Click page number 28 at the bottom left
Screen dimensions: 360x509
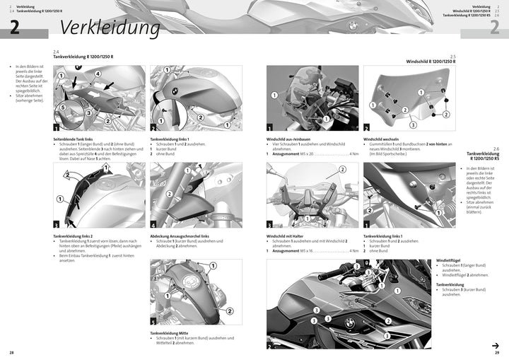[x=11, y=352]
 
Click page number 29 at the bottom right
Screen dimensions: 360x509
[x=498, y=352]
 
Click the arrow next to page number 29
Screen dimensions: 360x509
[x=496, y=344]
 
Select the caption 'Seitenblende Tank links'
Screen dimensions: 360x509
[x=78, y=139]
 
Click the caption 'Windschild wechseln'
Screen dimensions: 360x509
[x=381, y=139]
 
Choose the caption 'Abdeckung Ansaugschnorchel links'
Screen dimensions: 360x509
[x=180, y=236]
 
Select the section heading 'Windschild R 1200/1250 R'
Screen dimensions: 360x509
[x=431, y=62]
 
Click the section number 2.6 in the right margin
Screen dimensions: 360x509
[x=496, y=149]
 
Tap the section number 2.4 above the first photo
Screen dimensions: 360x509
[x=57, y=52]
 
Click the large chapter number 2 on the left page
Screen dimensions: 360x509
[x=14, y=27]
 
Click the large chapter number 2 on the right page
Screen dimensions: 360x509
[x=494, y=27]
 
